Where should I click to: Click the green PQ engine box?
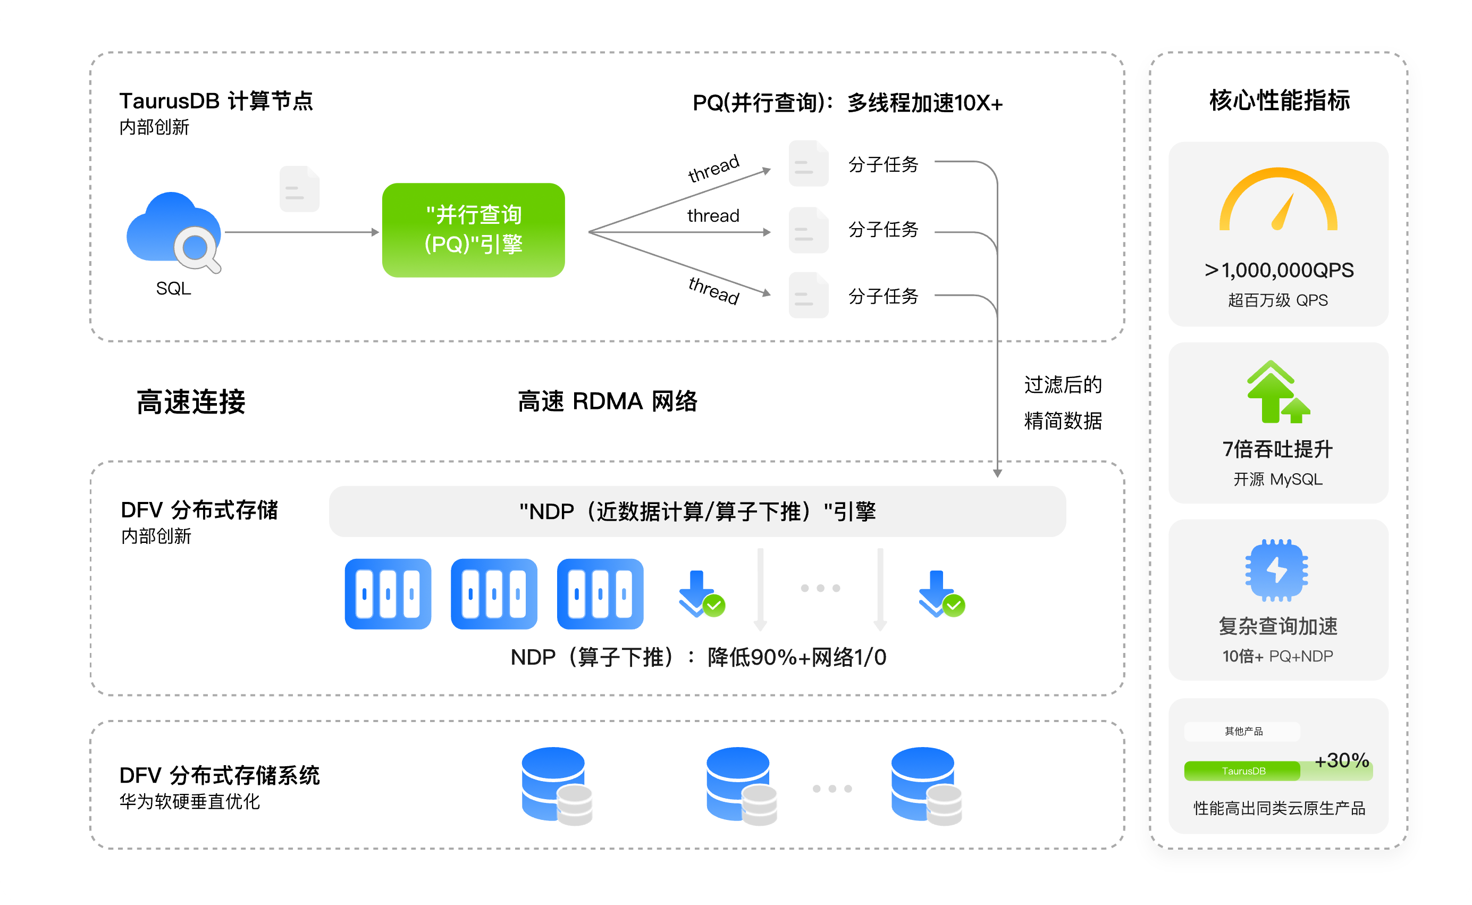click(x=473, y=230)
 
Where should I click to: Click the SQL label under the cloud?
click(x=173, y=289)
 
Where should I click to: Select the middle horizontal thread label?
click(x=713, y=215)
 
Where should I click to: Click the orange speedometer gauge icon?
click(x=1277, y=200)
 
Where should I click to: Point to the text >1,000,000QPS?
click(x=1278, y=270)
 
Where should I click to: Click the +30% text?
click(x=1341, y=760)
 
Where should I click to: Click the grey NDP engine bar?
click(x=697, y=512)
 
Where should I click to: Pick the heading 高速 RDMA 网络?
click(x=607, y=401)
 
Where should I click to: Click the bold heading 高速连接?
click(x=191, y=401)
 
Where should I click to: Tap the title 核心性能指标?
click(x=1280, y=100)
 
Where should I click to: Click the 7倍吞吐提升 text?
click(x=1277, y=449)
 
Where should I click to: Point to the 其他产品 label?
click(x=1243, y=731)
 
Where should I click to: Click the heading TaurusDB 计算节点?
click(x=216, y=100)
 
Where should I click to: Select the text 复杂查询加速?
click(x=1277, y=626)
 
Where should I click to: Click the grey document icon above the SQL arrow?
click(x=299, y=189)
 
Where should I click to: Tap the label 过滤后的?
click(x=1063, y=385)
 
